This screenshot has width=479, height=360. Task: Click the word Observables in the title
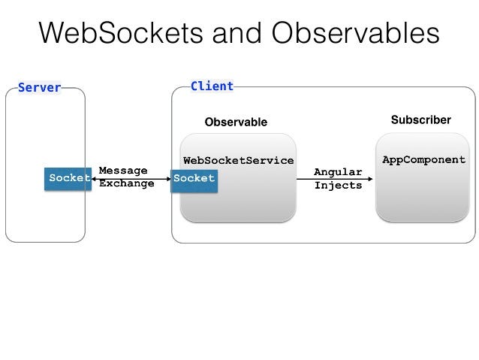[x=356, y=33]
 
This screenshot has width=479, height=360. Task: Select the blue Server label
[x=39, y=88]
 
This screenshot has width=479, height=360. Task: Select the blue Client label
[x=212, y=86]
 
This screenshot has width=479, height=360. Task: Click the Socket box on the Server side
[x=68, y=178]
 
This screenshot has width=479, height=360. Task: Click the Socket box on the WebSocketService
[x=194, y=178]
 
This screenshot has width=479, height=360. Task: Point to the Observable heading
[x=236, y=122]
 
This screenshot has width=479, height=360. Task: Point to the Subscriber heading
[x=420, y=120]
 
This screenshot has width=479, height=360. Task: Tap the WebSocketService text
[x=239, y=160]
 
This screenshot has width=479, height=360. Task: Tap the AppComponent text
[x=424, y=159]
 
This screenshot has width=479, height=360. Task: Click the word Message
[x=123, y=171]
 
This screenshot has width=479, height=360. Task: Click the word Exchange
[x=126, y=183]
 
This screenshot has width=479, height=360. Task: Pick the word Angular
[x=338, y=172]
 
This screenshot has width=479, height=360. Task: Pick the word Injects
[x=338, y=185]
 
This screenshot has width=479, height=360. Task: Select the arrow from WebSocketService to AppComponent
[x=334, y=179]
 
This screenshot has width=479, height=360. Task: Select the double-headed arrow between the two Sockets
[x=131, y=178]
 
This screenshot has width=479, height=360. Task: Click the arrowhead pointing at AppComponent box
[x=370, y=179]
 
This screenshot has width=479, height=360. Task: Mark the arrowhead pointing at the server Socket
[x=94, y=178]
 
